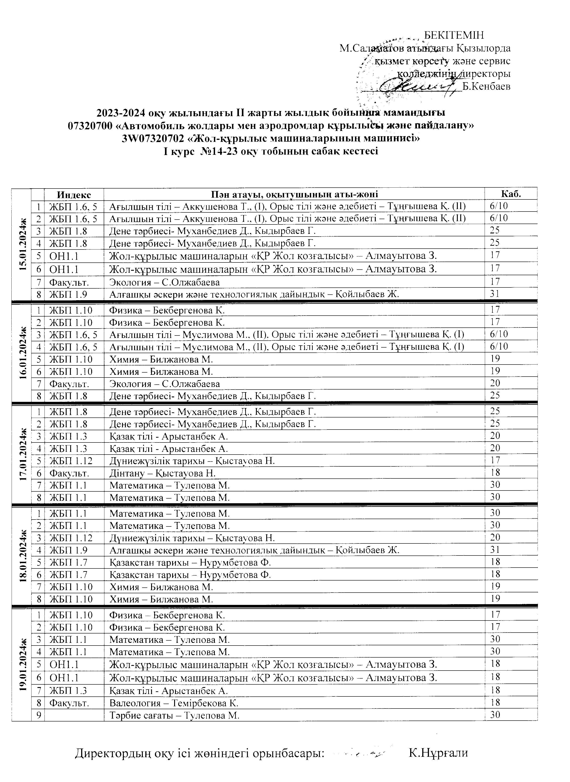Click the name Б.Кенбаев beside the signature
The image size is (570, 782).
point(486,86)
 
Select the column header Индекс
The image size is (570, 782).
point(74,195)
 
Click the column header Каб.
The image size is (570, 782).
point(511,194)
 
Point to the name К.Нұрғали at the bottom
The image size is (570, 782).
point(438,753)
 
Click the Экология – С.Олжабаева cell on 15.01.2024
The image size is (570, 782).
point(164,282)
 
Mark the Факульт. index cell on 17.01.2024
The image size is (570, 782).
point(69,473)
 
